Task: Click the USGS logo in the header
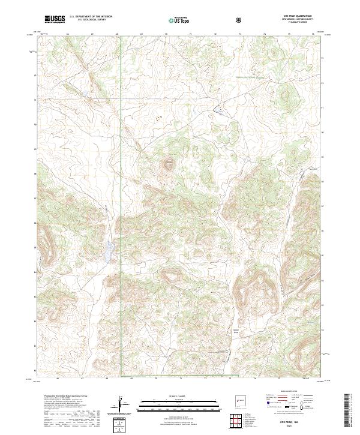pyautogui.click(x=55, y=19)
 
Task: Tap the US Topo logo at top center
pyautogui.click(x=175, y=20)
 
